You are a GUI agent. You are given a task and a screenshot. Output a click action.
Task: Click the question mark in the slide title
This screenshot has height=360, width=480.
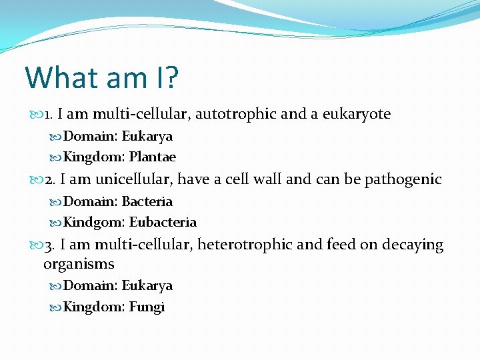pos(171,77)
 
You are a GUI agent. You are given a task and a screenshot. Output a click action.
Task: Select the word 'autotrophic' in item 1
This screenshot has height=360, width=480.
pos(235,114)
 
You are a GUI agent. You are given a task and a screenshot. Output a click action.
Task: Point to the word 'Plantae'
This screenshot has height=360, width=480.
pos(153,157)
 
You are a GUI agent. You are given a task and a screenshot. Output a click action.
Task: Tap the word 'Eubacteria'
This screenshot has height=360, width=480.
pos(163,223)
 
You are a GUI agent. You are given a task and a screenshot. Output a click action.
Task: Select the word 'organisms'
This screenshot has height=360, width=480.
pos(79,264)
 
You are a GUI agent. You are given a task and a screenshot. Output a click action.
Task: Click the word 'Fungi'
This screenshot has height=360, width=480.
pos(147,307)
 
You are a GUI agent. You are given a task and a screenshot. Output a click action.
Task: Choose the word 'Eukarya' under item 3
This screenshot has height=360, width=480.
pos(147,285)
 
